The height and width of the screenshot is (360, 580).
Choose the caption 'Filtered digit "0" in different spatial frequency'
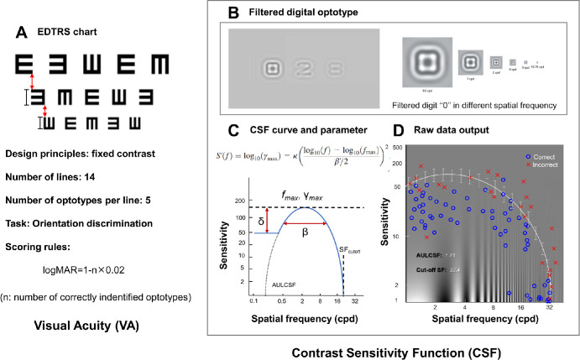coord(480,107)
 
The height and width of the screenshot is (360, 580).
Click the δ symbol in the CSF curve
coord(240,222)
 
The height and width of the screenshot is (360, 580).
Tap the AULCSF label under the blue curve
coord(261,284)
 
